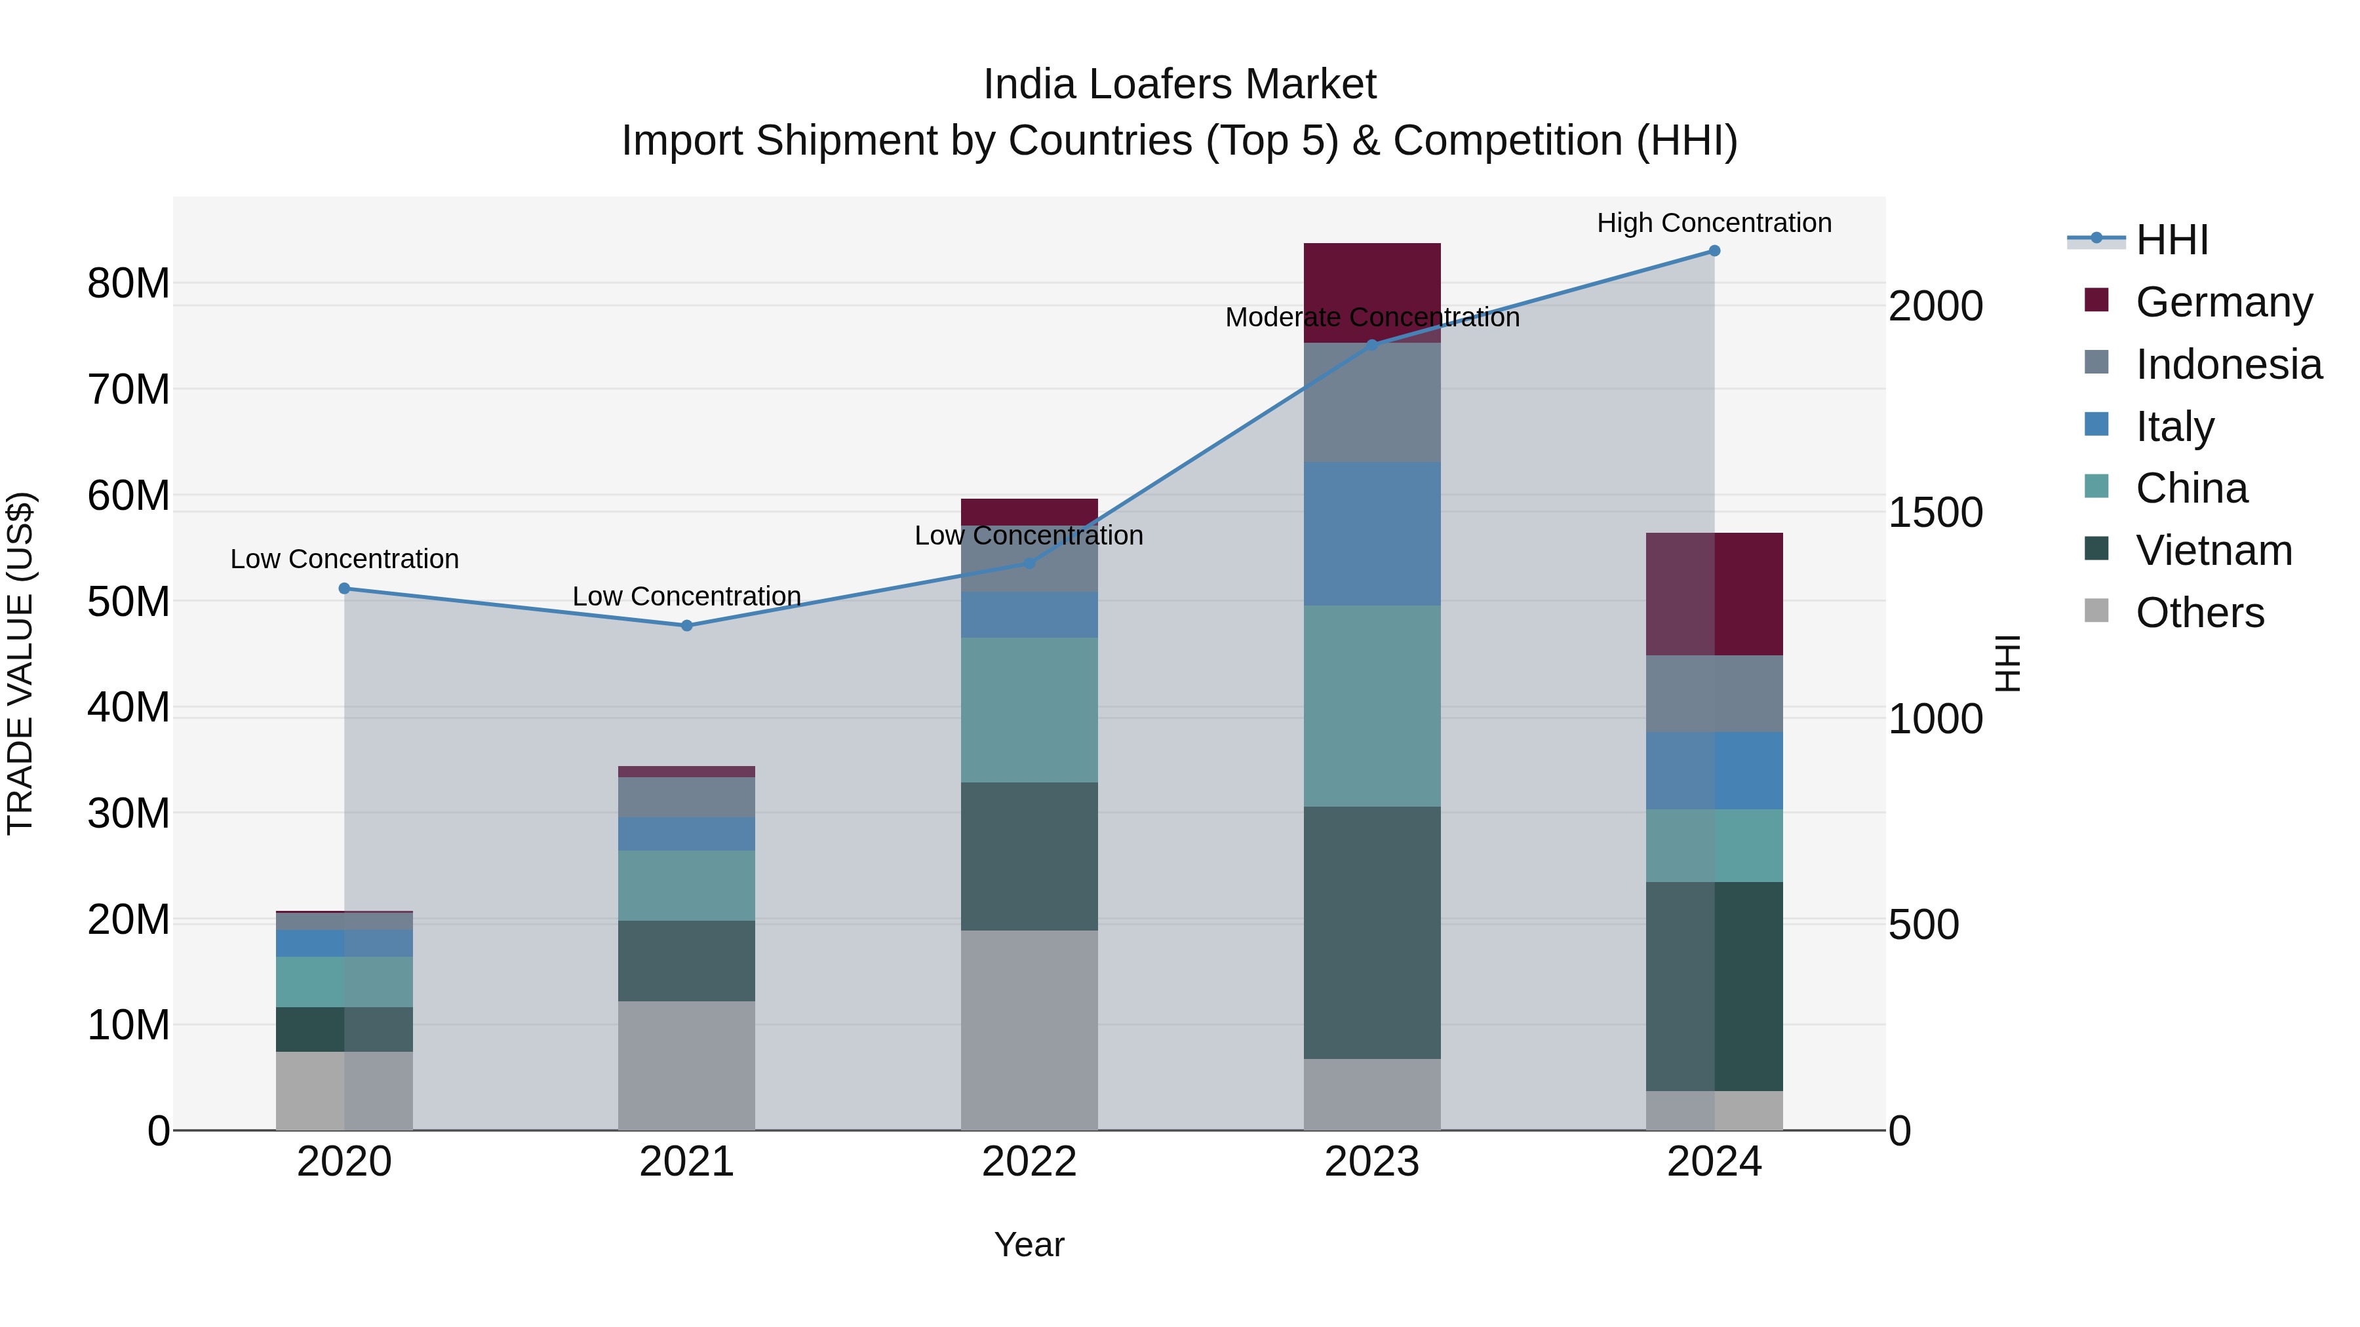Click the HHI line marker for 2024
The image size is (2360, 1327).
tap(1714, 251)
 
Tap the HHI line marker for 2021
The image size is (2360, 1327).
tap(687, 626)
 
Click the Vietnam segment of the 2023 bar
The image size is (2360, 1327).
tap(1371, 933)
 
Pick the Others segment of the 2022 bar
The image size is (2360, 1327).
tap(1029, 1029)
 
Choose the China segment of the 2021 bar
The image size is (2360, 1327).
tap(687, 885)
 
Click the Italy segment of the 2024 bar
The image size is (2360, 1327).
tap(1714, 770)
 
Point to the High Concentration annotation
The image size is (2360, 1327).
tap(1714, 223)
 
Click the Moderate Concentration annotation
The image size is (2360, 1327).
tap(1371, 318)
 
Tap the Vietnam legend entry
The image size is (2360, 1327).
tap(2212, 550)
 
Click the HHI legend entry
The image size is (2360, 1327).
tap(2171, 240)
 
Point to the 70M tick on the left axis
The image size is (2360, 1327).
tap(128, 390)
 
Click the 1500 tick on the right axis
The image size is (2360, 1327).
tap(1936, 513)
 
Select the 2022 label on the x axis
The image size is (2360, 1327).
tap(1029, 1162)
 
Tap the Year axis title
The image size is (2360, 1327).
tap(1029, 1244)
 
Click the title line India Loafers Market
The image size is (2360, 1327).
tap(1179, 85)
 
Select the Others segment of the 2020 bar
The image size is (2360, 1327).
tap(344, 1090)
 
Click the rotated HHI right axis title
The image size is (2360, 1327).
tap(2007, 663)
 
